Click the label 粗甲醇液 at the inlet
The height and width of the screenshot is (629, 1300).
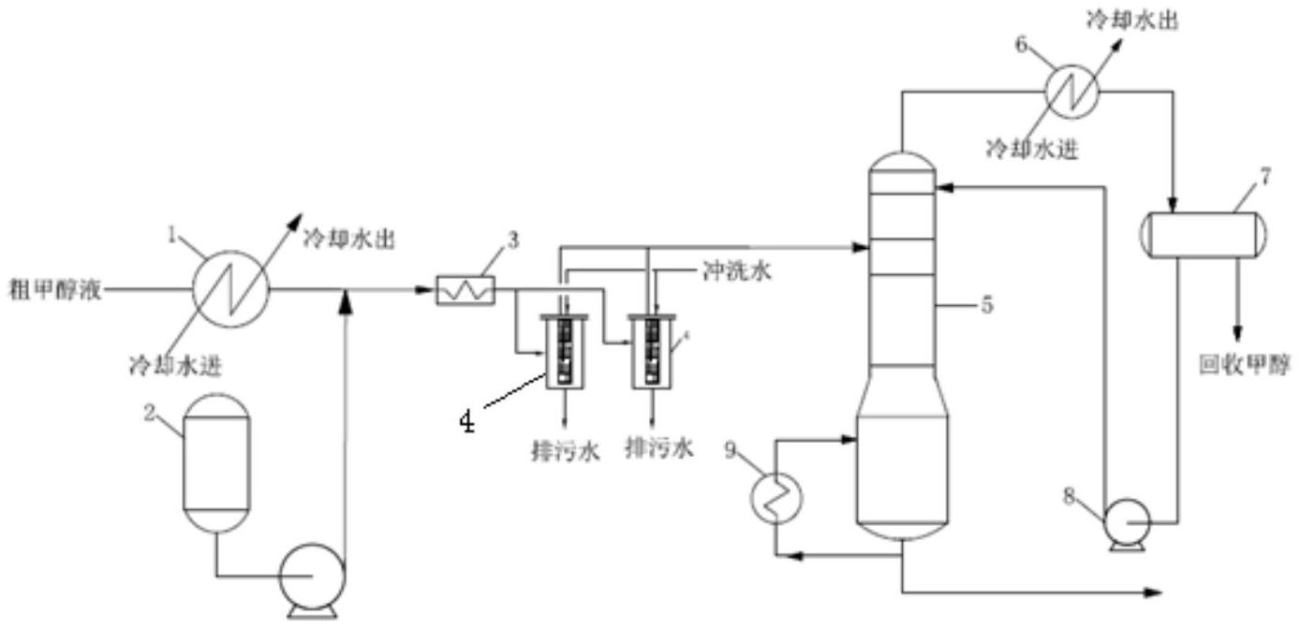click(x=55, y=289)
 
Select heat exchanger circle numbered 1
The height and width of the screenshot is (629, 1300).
click(x=231, y=289)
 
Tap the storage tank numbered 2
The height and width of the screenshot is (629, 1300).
click(x=217, y=462)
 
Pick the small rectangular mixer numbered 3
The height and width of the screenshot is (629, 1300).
click(x=465, y=290)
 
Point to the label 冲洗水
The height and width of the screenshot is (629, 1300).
click(x=736, y=271)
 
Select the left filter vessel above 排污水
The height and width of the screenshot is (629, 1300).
click(x=564, y=352)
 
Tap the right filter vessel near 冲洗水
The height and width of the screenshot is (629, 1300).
click(x=652, y=352)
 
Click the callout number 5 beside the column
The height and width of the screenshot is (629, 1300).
click(x=987, y=304)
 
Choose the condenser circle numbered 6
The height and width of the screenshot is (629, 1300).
click(x=1071, y=92)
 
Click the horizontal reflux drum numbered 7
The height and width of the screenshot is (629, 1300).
click(x=1204, y=235)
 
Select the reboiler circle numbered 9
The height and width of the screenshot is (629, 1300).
click(x=776, y=498)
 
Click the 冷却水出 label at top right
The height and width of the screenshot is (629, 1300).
click(x=1131, y=21)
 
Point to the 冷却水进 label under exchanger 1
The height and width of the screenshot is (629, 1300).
click(x=175, y=365)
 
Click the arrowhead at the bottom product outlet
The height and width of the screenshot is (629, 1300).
click(x=1154, y=592)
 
